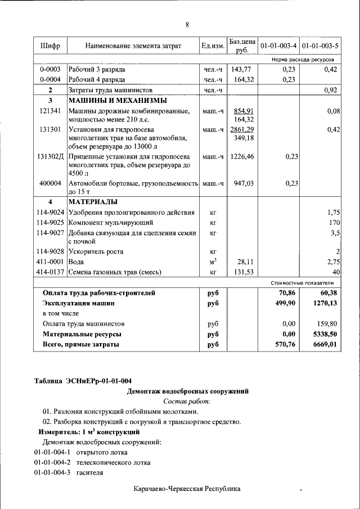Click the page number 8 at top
(x=187, y=24)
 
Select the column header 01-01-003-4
(x=279, y=46)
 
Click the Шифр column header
(x=50, y=46)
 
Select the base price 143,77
(x=243, y=69)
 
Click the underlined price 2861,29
(x=243, y=129)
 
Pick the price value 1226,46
(x=243, y=157)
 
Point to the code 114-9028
(x=50, y=251)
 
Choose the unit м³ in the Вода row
(x=213, y=262)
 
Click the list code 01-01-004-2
(x=51, y=462)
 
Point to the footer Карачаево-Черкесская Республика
(x=187, y=489)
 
